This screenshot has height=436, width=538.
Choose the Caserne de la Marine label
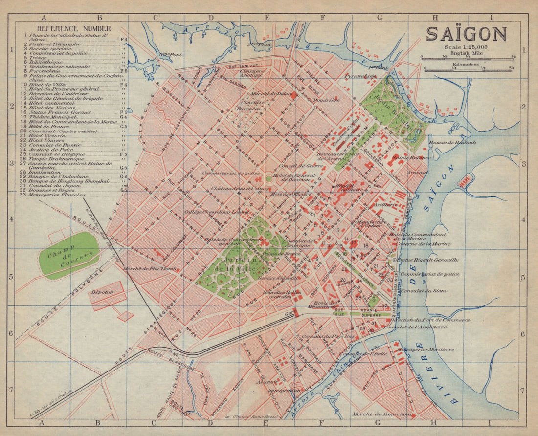click(423, 243)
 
